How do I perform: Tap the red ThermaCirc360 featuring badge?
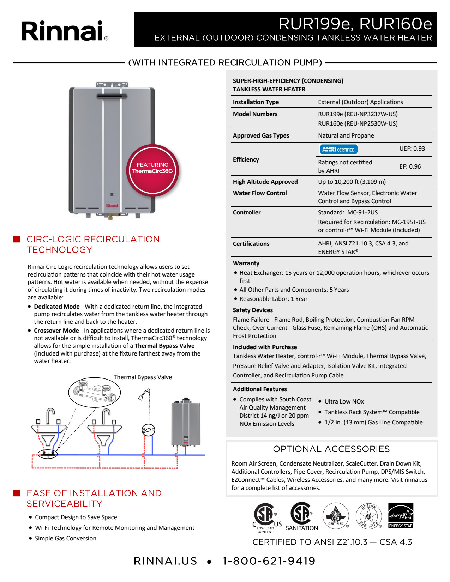pyautogui.click(x=152, y=170)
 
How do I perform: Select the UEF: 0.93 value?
pyautogui.click(x=412, y=148)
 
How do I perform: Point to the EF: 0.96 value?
pyautogui.click(x=410, y=166)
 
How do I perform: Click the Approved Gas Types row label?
pyautogui.click(x=261, y=135)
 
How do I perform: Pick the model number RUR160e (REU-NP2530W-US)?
pyautogui.click(x=358, y=123)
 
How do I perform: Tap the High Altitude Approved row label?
pyautogui.click(x=265, y=182)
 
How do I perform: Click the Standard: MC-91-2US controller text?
pyautogui.click(x=348, y=212)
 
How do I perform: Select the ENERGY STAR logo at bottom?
pyautogui.click(x=401, y=515)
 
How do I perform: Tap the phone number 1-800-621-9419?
pyautogui.click(x=269, y=561)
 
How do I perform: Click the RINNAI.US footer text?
pyautogui.click(x=165, y=561)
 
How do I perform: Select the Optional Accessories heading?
pyautogui.click(x=331, y=449)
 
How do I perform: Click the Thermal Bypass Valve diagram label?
pyautogui.click(x=143, y=377)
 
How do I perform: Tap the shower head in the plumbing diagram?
pyautogui.click(x=144, y=394)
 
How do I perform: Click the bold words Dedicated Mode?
pyautogui.click(x=56, y=307)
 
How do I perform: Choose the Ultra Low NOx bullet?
pyautogui.click(x=344, y=401)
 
